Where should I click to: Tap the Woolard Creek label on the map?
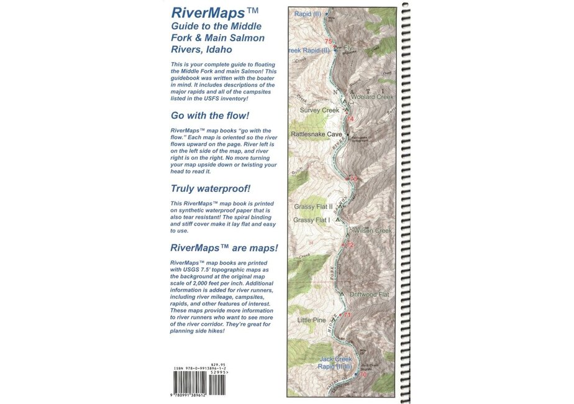372,97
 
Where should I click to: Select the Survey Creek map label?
319,110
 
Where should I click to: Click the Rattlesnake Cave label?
317,134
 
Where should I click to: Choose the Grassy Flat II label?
314,206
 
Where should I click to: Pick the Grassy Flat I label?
312,220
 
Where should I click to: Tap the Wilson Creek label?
372,231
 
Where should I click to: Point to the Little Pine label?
311,320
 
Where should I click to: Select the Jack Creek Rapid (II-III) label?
335,362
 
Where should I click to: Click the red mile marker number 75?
328,42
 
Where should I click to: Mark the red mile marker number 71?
348,315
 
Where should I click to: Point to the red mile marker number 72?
349,245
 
